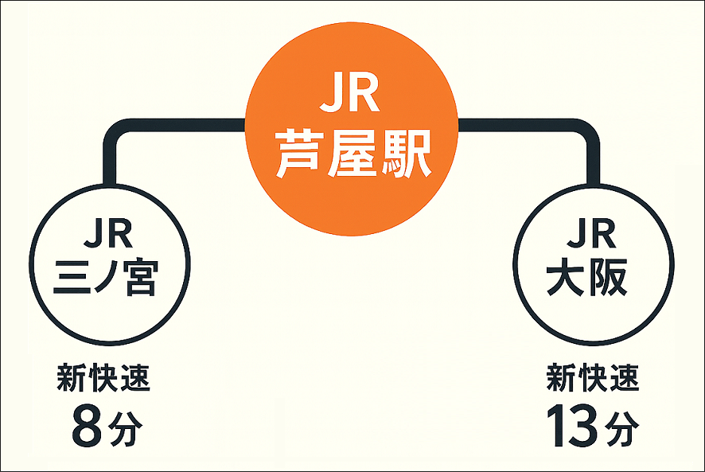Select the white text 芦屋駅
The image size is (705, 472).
pyautogui.click(x=352, y=156)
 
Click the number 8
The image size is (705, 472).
pyautogui.click(x=85, y=427)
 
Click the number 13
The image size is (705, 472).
pyautogui.click(x=571, y=427)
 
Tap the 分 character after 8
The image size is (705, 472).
pyautogui.click(x=127, y=431)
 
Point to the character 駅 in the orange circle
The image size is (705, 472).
pyautogui.click(x=405, y=156)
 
